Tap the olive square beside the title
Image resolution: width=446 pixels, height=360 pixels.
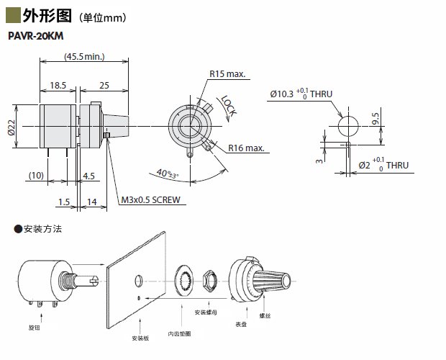tap(12, 13)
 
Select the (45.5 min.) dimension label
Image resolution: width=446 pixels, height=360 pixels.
tap(84, 56)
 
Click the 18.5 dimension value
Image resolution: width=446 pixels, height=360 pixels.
tap(58, 86)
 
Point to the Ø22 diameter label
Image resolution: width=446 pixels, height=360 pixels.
tap(12, 127)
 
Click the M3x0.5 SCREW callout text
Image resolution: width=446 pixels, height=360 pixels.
tap(150, 199)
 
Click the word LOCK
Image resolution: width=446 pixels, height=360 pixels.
tap(229, 106)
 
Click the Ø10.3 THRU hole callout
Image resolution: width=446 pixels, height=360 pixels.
tap(301, 94)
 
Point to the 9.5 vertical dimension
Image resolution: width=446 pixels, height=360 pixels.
tap(375, 119)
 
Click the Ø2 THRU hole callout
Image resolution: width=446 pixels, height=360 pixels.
tap(383, 165)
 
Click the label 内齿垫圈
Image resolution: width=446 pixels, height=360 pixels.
tap(179, 333)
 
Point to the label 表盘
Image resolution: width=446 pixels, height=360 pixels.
tap(241, 325)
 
